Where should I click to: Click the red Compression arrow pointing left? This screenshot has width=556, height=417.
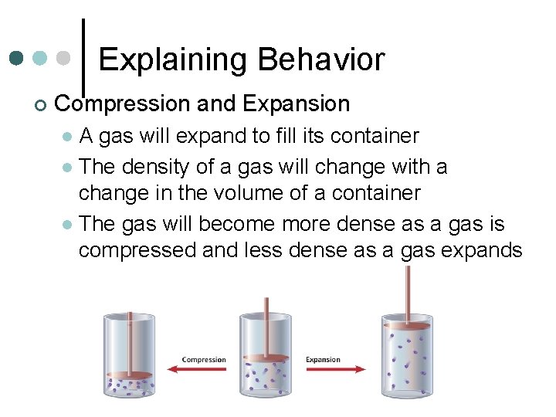pyautogui.click(x=203, y=370)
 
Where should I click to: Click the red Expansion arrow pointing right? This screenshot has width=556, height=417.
pyautogui.click(x=334, y=370)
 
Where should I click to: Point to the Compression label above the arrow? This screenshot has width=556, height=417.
pyautogui.click(x=204, y=359)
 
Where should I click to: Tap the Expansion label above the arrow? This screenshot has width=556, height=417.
pyautogui.click(x=323, y=359)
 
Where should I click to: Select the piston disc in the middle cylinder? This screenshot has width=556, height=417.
pyautogui.click(x=265, y=358)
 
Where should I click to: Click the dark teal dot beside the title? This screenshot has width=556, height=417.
pyautogui.click(x=18, y=59)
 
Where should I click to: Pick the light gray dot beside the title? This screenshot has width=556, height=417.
pyautogui.click(x=66, y=59)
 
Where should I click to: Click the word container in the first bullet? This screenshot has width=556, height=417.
pyautogui.click(x=375, y=137)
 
